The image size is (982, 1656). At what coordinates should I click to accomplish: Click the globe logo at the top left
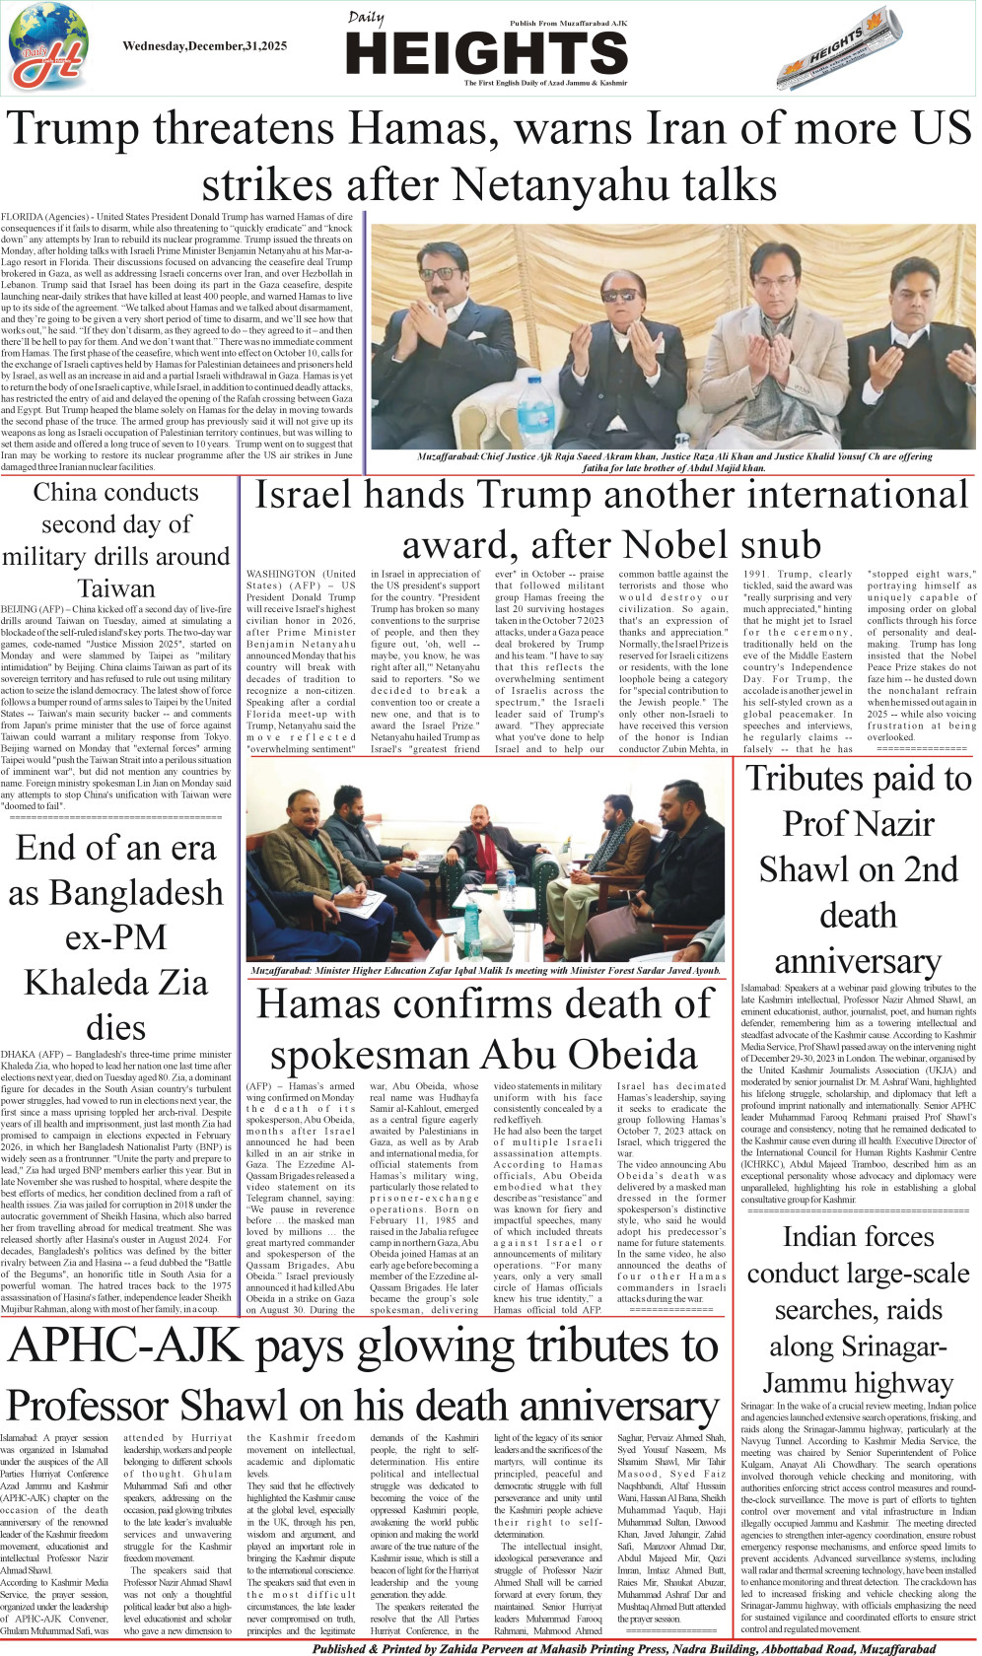click(47, 48)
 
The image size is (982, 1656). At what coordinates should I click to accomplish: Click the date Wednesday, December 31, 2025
click(204, 46)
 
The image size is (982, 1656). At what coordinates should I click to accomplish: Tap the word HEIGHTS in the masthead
click(487, 53)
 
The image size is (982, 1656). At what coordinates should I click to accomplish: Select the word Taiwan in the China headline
click(116, 588)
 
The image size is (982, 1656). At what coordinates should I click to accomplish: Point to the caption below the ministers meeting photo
click(485, 971)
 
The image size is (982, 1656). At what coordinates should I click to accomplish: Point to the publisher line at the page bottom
click(623, 1648)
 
